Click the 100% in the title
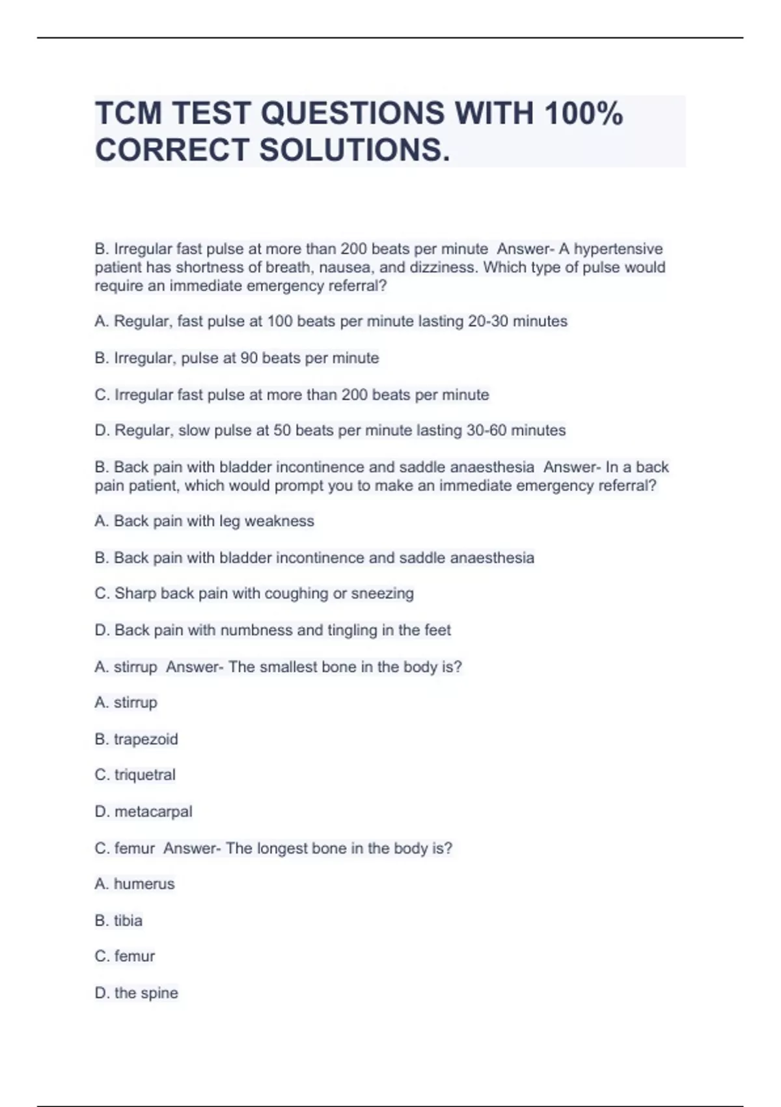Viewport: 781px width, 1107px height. (x=584, y=113)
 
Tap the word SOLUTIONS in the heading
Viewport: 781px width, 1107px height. (x=354, y=150)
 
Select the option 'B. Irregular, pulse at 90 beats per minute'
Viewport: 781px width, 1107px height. (x=236, y=358)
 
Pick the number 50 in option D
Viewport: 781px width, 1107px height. (x=282, y=430)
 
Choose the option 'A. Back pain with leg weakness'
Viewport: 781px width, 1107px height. (x=204, y=521)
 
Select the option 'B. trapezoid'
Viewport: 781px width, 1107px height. (x=136, y=739)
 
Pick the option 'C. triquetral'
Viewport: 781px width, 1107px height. (x=135, y=775)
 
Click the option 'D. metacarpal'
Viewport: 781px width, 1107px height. (x=143, y=811)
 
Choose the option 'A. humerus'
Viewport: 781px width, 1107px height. (x=134, y=884)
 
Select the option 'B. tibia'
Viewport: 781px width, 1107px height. (x=118, y=920)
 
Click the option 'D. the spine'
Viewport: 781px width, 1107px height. (x=136, y=993)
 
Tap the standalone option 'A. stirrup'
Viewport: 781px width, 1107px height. (x=126, y=703)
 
